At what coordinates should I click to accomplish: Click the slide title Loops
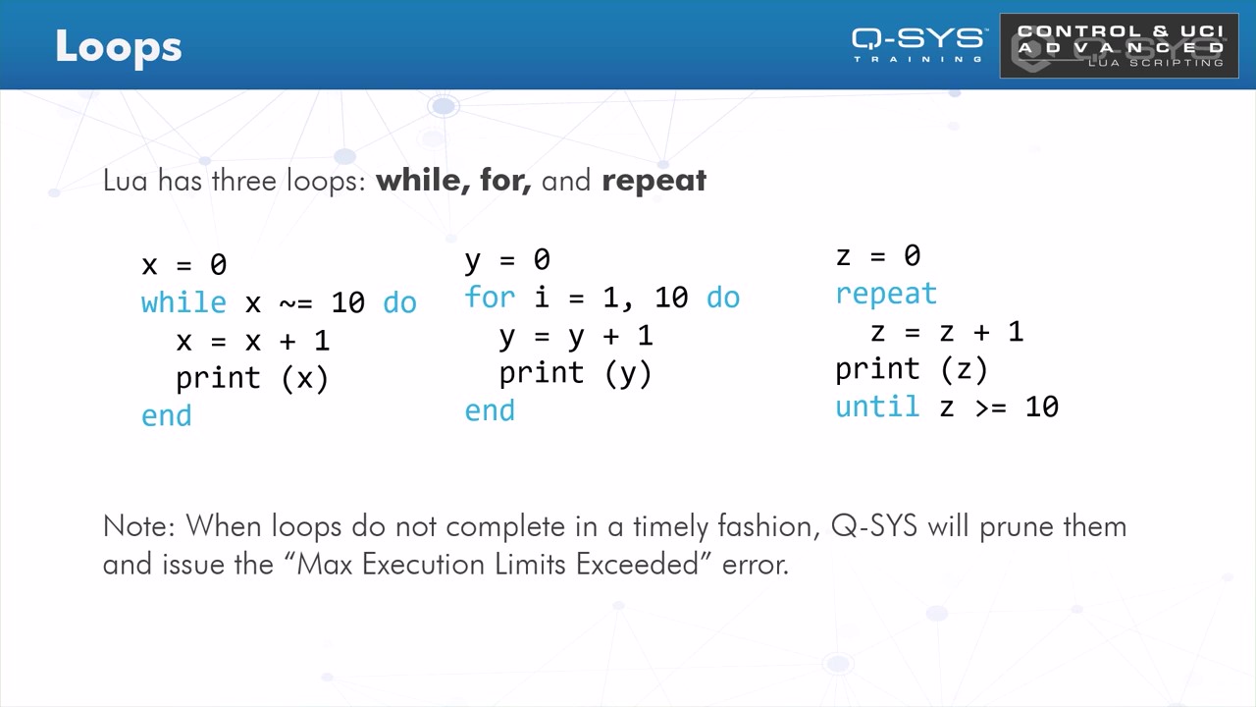pyautogui.click(x=119, y=48)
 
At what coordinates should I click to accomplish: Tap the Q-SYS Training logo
pyautogui.click(x=917, y=45)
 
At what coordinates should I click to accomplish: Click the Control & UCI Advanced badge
pyautogui.click(x=1120, y=45)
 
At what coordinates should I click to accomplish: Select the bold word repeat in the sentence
pyautogui.click(x=654, y=181)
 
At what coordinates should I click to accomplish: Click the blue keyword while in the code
pyautogui.click(x=183, y=303)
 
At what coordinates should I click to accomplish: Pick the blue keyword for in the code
pyautogui.click(x=490, y=297)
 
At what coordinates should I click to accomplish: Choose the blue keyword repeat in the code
pyautogui.click(x=886, y=295)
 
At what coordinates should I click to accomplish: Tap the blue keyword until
pyautogui.click(x=877, y=406)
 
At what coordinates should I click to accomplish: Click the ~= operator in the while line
pyautogui.click(x=295, y=304)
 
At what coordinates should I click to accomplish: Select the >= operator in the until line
pyautogui.click(x=991, y=408)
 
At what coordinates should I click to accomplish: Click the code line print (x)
pyautogui.click(x=252, y=379)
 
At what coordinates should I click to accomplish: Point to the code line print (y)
pyautogui.click(x=575, y=374)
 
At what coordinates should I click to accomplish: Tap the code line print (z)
pyautogui.click(x=912, y=370)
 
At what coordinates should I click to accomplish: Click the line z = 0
pyautogui.click(x=878, y=256)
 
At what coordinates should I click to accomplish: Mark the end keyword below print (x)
pyautogui.click(x=166, y=416)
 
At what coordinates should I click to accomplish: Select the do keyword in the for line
pyautogui.click(x=723, y=298)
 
